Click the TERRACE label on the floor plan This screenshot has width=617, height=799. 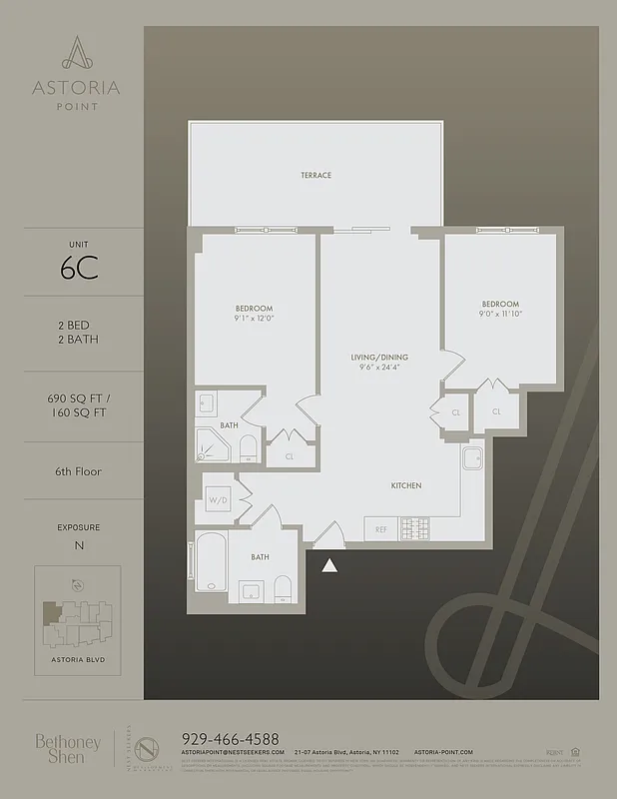[315, 175]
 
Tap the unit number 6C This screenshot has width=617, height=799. [77, 269]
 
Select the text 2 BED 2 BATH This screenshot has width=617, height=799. [77, 332]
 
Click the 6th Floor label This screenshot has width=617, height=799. [77, 470]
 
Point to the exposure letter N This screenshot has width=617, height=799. [77, 545]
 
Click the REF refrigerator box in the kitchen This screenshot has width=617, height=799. [380, 529]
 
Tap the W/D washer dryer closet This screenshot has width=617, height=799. [217, 499]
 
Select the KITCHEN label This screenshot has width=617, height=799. [405, 485]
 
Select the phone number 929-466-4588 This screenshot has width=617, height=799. [230, 738]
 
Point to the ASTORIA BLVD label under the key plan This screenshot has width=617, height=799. [77, 661]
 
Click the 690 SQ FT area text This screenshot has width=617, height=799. [77, 397]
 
